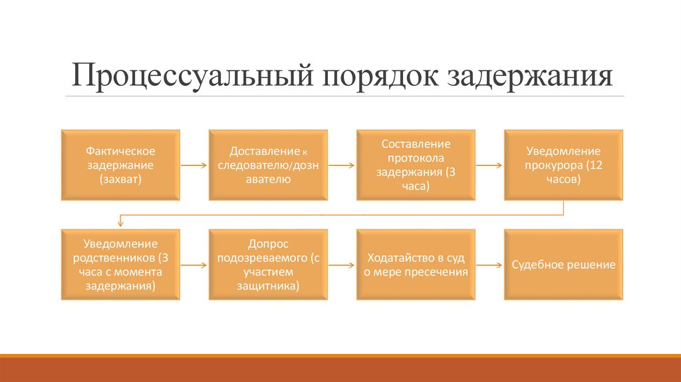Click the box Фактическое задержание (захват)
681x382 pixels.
point(120,165)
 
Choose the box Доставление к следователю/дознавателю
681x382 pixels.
point(268,165)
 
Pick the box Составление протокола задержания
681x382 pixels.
point(416,165)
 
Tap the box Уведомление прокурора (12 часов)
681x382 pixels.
point(563,165)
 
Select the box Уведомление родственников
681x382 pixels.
point(120,265)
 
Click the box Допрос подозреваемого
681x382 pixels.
point(268,265)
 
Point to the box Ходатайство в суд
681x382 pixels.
point(416,265)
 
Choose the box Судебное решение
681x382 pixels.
point(563,265)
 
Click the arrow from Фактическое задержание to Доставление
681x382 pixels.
point(194,165)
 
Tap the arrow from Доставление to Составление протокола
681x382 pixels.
point(342,165)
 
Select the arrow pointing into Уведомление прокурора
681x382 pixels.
point(489,165)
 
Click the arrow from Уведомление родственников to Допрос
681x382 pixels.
point(194,265)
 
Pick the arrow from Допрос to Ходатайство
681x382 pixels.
point(342,265)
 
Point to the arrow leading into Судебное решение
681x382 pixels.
point(489,265)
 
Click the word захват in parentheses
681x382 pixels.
point(120,180)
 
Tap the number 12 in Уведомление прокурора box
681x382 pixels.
point(593,165)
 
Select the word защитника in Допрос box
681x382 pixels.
point(268,286)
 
